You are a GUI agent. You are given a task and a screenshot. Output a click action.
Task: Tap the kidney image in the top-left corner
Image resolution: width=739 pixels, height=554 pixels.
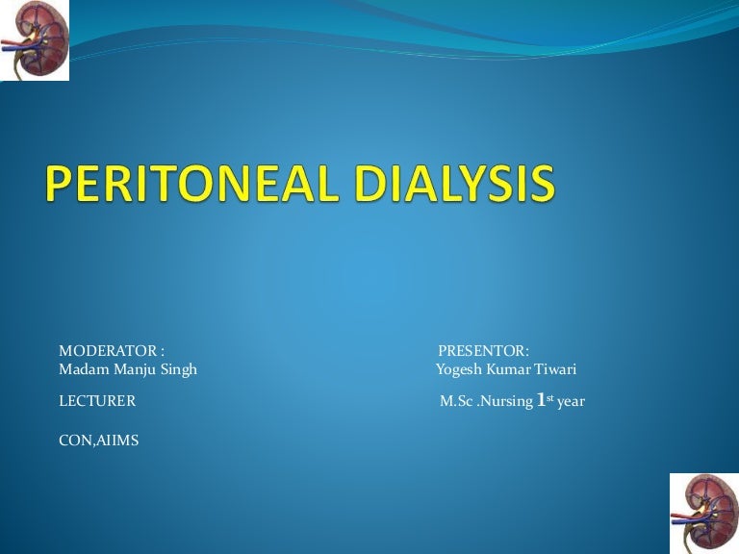(35, 40)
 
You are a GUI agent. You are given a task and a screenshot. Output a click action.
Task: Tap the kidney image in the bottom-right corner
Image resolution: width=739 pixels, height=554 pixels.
(704, 514)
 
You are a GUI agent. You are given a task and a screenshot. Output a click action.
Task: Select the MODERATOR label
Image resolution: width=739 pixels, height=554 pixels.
(108, 351)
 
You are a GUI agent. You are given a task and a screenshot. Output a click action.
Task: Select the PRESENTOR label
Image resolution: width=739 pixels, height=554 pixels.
(482, 351)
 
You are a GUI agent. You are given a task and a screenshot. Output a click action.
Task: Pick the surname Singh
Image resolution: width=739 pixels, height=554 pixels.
(179, 369)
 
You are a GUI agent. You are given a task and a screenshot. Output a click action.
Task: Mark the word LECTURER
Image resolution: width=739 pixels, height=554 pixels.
(97, 401)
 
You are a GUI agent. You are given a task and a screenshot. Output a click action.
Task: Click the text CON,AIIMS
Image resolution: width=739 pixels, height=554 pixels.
(98, 441)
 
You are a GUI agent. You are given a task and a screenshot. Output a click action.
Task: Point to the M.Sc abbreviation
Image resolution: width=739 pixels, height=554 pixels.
(456, 401)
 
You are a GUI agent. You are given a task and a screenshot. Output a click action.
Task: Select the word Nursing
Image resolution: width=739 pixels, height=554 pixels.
(505, 402)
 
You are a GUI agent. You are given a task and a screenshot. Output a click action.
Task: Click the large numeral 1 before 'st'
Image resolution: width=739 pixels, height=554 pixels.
(541, 400)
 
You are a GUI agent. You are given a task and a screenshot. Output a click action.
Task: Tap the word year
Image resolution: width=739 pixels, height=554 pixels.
(571, 403)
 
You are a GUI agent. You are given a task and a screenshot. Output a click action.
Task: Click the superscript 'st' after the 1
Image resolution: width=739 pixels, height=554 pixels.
(550, 398)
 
